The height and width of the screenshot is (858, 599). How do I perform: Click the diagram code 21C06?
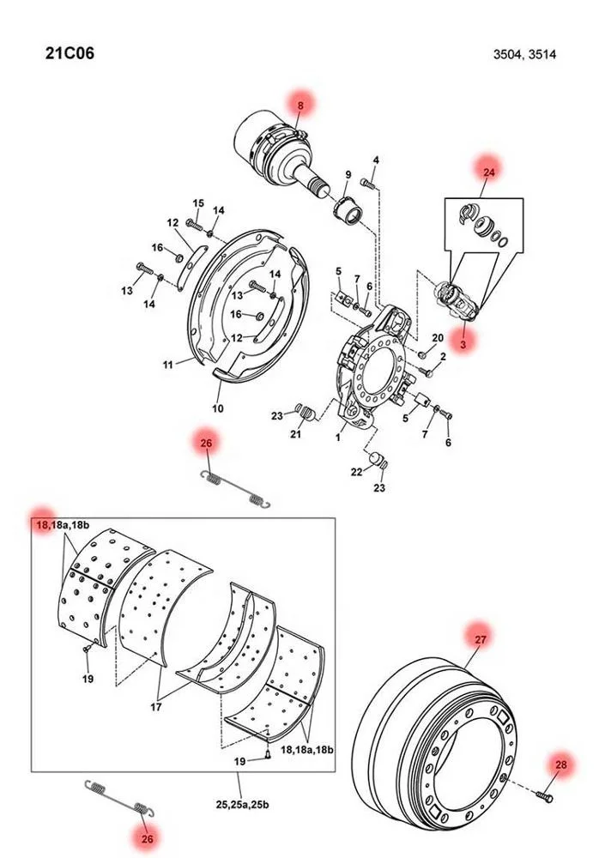click(70, 53)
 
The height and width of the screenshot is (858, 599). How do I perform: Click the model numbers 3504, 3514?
click(524, 54)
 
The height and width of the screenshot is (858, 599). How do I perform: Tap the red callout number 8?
click(300, 106)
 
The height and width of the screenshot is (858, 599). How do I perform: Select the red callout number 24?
click(489, 172)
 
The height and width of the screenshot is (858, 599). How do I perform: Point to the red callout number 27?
click(481, 639)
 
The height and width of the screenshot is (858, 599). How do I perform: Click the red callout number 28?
click(561, 765)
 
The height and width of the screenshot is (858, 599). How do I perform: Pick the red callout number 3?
click(463, 344)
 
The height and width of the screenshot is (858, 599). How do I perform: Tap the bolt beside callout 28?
click(544, 793)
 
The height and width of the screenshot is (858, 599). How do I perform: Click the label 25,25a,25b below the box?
click(242, 805)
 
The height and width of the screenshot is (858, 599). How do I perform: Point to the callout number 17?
click(156, 707)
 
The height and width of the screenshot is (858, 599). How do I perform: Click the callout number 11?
click(167, 365)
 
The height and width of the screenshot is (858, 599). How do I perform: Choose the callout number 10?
click(218, 408)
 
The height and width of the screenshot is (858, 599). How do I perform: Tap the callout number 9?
click(348, 174)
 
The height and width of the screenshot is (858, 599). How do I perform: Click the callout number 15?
click(198, 203)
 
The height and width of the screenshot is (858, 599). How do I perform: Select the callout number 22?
click(356, 472)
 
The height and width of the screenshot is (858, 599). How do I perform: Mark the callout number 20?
click(438, 337)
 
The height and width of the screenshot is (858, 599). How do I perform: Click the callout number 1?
click(338, 438)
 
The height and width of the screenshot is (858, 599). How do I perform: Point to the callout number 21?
click(296, 434)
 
